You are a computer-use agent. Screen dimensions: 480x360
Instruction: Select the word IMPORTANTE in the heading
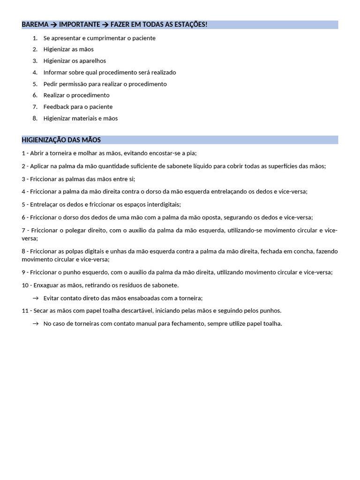80,24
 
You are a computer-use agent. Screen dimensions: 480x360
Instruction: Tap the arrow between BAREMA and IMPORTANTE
54,24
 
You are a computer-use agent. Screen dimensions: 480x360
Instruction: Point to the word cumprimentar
104,38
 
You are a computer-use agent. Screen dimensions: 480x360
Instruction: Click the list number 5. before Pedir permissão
35,84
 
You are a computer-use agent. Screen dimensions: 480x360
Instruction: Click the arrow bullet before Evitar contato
36,298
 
